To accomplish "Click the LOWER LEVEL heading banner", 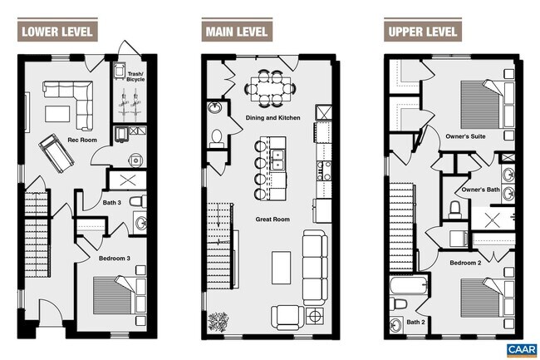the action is [x=57, y=32].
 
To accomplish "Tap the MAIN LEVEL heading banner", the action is [x=237, y=32].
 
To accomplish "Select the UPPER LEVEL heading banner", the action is [x=423, y=32].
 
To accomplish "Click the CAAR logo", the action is [x=522, y=350].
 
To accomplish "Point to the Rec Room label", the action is [x=82, y=140].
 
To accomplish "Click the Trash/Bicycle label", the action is [x=135, y=76].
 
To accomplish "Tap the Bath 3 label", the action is [x=112, y=203].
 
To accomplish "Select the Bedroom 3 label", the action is [x=115, y=259].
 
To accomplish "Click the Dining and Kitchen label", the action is [x=272, y=118].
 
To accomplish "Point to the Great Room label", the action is [x=272, y=219].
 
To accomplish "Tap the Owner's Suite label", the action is [x=465, y=136].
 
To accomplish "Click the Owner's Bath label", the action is [x=480, y=190].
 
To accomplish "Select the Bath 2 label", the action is [x=415, y=322].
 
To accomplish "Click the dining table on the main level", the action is [x=270, y=89].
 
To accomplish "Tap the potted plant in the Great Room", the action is [x=218, y=322].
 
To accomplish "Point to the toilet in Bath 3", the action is [x=138, y=201].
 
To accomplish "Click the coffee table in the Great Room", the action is [x=281, y=268].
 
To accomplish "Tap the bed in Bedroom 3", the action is [x=119, y=295].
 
